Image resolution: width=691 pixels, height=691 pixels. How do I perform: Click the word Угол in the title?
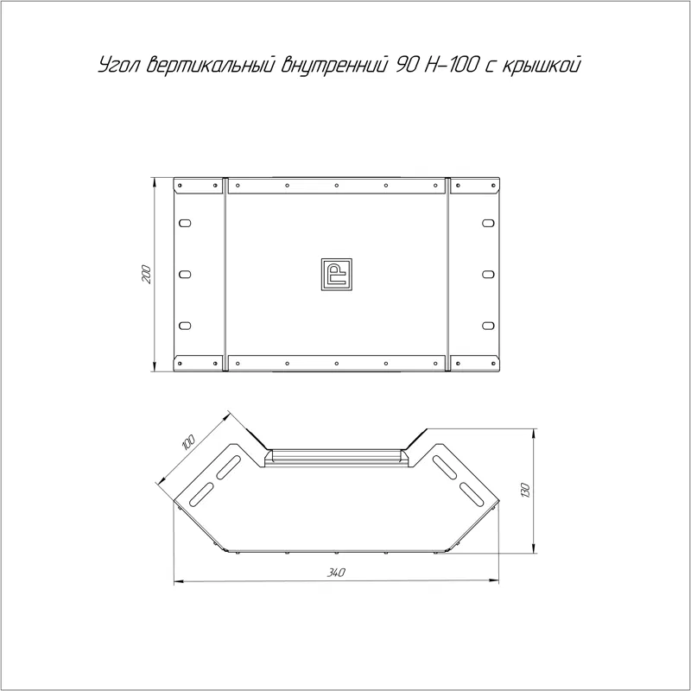(119, 65)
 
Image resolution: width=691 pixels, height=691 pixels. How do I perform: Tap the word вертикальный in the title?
(212, 65)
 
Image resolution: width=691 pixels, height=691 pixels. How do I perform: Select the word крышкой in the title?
(542, 65)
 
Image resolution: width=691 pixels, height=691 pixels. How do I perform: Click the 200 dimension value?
(146, 275)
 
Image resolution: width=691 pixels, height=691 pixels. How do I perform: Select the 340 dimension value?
(336, 573)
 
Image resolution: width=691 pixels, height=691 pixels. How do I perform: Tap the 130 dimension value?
(525, 491)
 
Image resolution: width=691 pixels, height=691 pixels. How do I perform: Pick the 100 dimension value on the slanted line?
(188, 442)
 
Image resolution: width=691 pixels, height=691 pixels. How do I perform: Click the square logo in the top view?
(336, 275)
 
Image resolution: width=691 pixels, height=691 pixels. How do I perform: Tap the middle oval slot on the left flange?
(185, 275)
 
